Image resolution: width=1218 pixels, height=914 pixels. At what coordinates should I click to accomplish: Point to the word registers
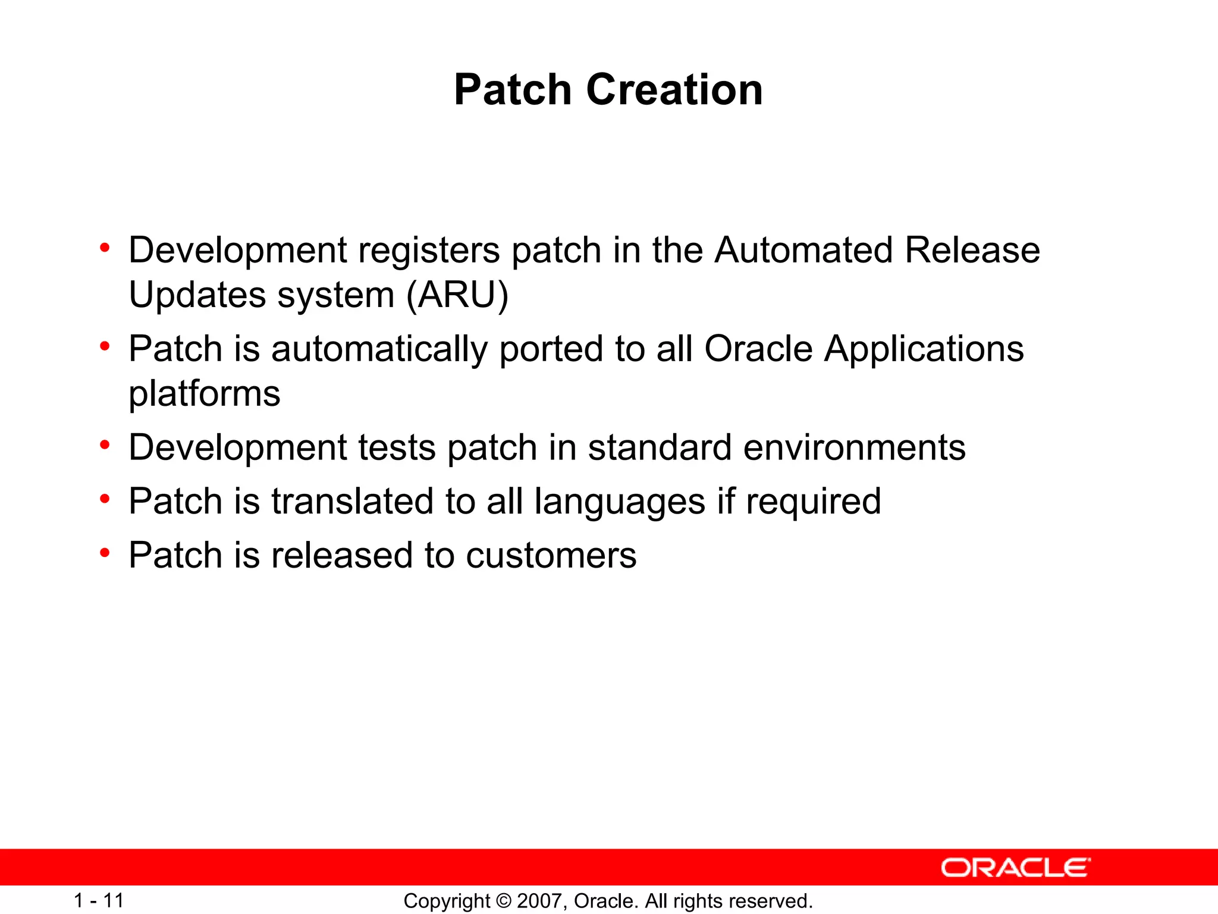[x=429, y=251]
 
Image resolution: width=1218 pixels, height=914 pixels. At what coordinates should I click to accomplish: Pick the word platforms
[x=204, y=394]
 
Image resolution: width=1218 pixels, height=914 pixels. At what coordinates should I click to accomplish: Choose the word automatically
[x=379, y=349]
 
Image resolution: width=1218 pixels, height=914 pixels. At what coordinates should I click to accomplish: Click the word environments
[x=854, y=447]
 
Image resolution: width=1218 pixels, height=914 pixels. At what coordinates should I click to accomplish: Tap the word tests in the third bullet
[x=397, y=447]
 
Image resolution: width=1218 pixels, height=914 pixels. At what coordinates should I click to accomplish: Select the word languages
[x=619, y=502]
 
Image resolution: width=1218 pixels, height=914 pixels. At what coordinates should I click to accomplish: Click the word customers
[x=551, y=556]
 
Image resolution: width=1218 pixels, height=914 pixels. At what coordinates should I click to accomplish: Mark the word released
[x=342, y=555]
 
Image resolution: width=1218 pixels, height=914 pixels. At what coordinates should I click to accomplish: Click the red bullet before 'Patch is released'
[x=105, y=553]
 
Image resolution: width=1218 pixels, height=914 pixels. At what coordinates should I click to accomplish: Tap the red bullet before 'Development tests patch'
[x=105, y=445]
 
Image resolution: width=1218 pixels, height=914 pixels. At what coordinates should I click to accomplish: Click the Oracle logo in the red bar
[x=1015, y=868]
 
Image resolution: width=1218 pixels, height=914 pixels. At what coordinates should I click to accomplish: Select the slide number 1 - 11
[x=99, y=900]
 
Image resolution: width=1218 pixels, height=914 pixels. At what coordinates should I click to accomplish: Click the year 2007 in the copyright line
[x=539, y=901]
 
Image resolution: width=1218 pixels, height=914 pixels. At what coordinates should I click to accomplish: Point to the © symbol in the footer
[x=503, y=901]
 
